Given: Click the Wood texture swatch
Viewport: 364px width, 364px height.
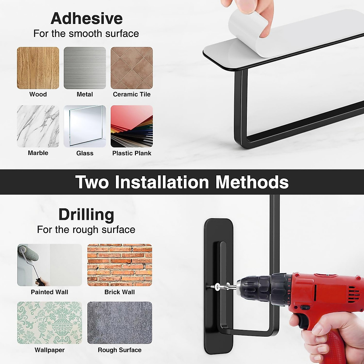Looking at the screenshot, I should click(x=38, y=68).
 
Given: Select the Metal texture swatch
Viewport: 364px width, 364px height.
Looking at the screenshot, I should click(x=85, y=68).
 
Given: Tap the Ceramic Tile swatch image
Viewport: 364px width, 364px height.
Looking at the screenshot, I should click(x=132, y=68).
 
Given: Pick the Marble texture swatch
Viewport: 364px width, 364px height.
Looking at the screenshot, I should click(x=38, y=126).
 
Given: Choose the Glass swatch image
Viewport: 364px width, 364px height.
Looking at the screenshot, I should click(x=85, y=126).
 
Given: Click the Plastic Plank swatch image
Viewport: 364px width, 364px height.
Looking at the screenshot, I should click(x=132, y=126).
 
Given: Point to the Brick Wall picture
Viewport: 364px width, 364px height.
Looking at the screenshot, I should click(x=120, y=265).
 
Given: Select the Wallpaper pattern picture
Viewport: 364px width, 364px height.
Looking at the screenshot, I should click(x=49, y=322).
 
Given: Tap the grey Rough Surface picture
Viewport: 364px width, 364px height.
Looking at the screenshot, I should click(x=120, y=322).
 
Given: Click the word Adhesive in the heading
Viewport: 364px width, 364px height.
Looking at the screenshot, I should click(x=86, y=19).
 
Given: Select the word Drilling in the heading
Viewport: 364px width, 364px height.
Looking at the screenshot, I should click(x=86, y=215).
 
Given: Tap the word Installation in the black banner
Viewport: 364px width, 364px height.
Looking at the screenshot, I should click(x=162, y=182).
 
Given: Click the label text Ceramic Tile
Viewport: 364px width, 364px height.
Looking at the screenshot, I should click(x=132, y=94).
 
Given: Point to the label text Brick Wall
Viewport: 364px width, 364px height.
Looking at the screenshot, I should click(x=120, y=292).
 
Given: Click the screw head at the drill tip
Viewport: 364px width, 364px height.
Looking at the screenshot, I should click(x=217, y=286).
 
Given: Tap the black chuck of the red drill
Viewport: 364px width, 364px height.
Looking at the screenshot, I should click(x=255, y=288).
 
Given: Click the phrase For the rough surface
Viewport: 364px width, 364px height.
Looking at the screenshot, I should click(x=86, y=230).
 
